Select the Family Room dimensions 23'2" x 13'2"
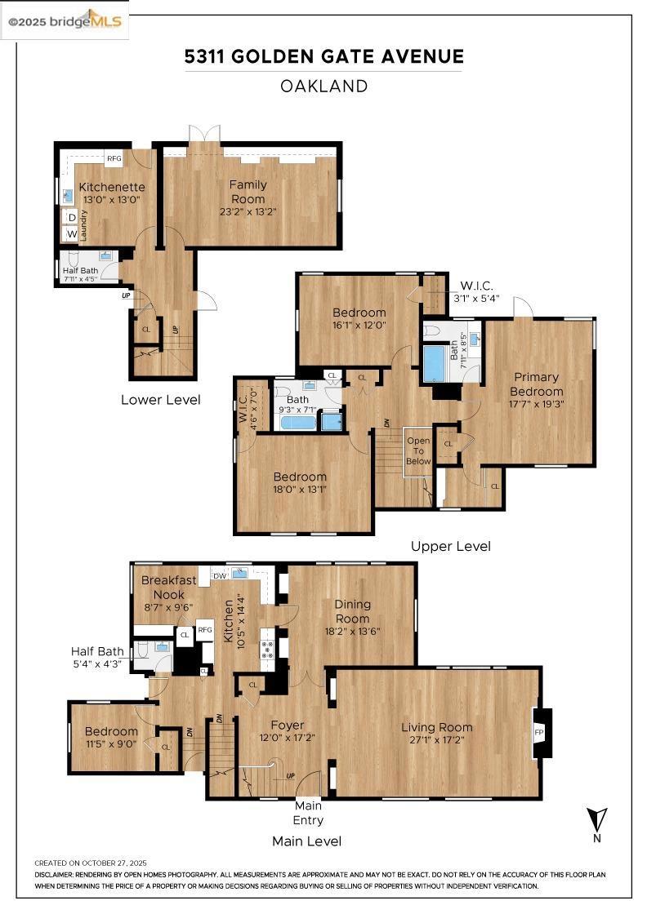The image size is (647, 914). (248, 212)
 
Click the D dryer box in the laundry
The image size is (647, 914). (71, 217)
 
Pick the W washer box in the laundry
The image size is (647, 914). (71, 233)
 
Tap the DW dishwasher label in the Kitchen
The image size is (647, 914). (220, 575)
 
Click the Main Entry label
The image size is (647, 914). (308, 814)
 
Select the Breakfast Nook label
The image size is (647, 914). (168, 587)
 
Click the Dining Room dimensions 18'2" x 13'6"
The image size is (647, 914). (352, 631)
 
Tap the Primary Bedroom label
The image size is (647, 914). (537, 384)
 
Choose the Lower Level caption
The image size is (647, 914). (160, 400)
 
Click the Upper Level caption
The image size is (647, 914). (450, 546)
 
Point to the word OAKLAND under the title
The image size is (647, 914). (323, 86)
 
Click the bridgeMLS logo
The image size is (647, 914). (65, 22)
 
